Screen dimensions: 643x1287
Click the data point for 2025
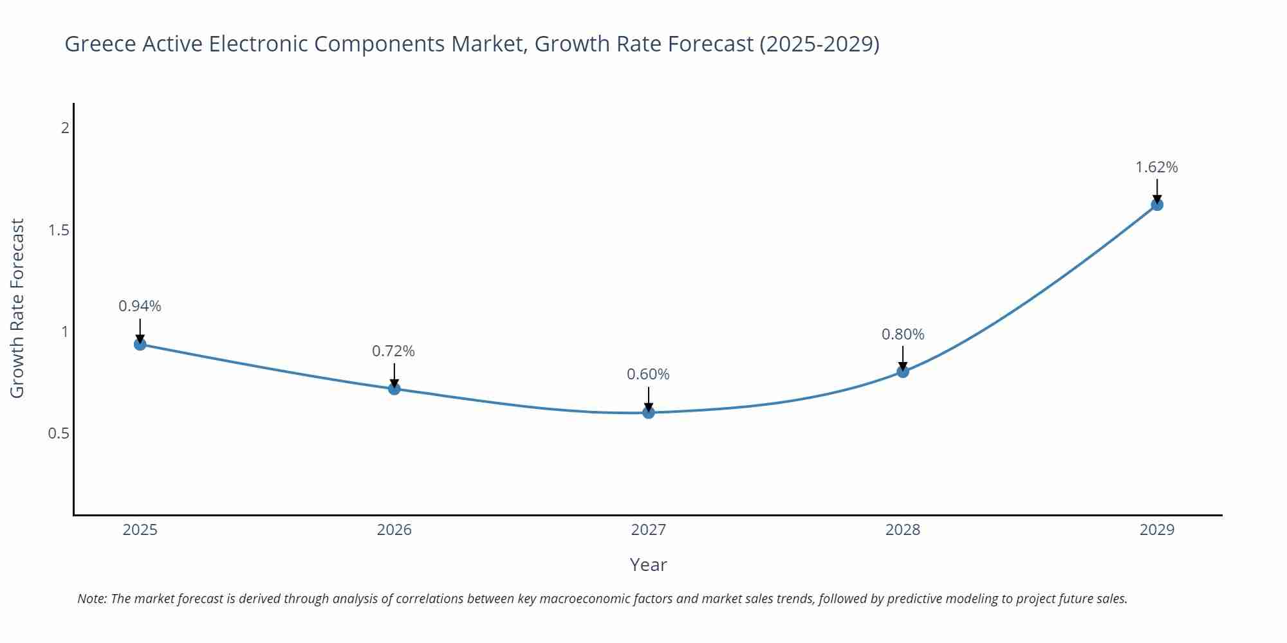(x=140, y=344)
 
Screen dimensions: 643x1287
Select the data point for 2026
(x=394, y=388)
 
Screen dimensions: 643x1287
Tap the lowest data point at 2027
(x=649, y=412)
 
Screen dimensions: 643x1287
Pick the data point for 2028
(x=903, y=371)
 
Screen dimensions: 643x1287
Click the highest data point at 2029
(x=1157, y=204)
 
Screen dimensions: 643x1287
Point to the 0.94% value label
(x=140, y=306)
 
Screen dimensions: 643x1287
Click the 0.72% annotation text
(x=393, y=351)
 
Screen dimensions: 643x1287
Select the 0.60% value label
(x=648, y=374)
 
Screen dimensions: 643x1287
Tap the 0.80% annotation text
(x=903, y=334)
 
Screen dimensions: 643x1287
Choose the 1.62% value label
(x=1156, y=167)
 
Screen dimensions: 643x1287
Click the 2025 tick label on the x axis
(x=140, y=530)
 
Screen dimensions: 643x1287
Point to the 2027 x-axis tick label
(x=649, y=530)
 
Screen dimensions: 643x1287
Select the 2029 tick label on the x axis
(x=1157, y=530)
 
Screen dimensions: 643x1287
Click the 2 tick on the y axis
(x=65, y=128)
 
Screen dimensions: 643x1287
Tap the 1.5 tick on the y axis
(x=59, y=230)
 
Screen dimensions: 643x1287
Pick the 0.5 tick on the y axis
(x=59, y=433)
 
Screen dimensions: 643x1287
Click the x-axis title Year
(x=648, y=565)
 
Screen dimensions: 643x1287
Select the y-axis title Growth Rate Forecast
(x=17, y=308)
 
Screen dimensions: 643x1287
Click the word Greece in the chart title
(x=100, y=44)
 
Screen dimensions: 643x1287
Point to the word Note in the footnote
(x=91, y=599)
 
